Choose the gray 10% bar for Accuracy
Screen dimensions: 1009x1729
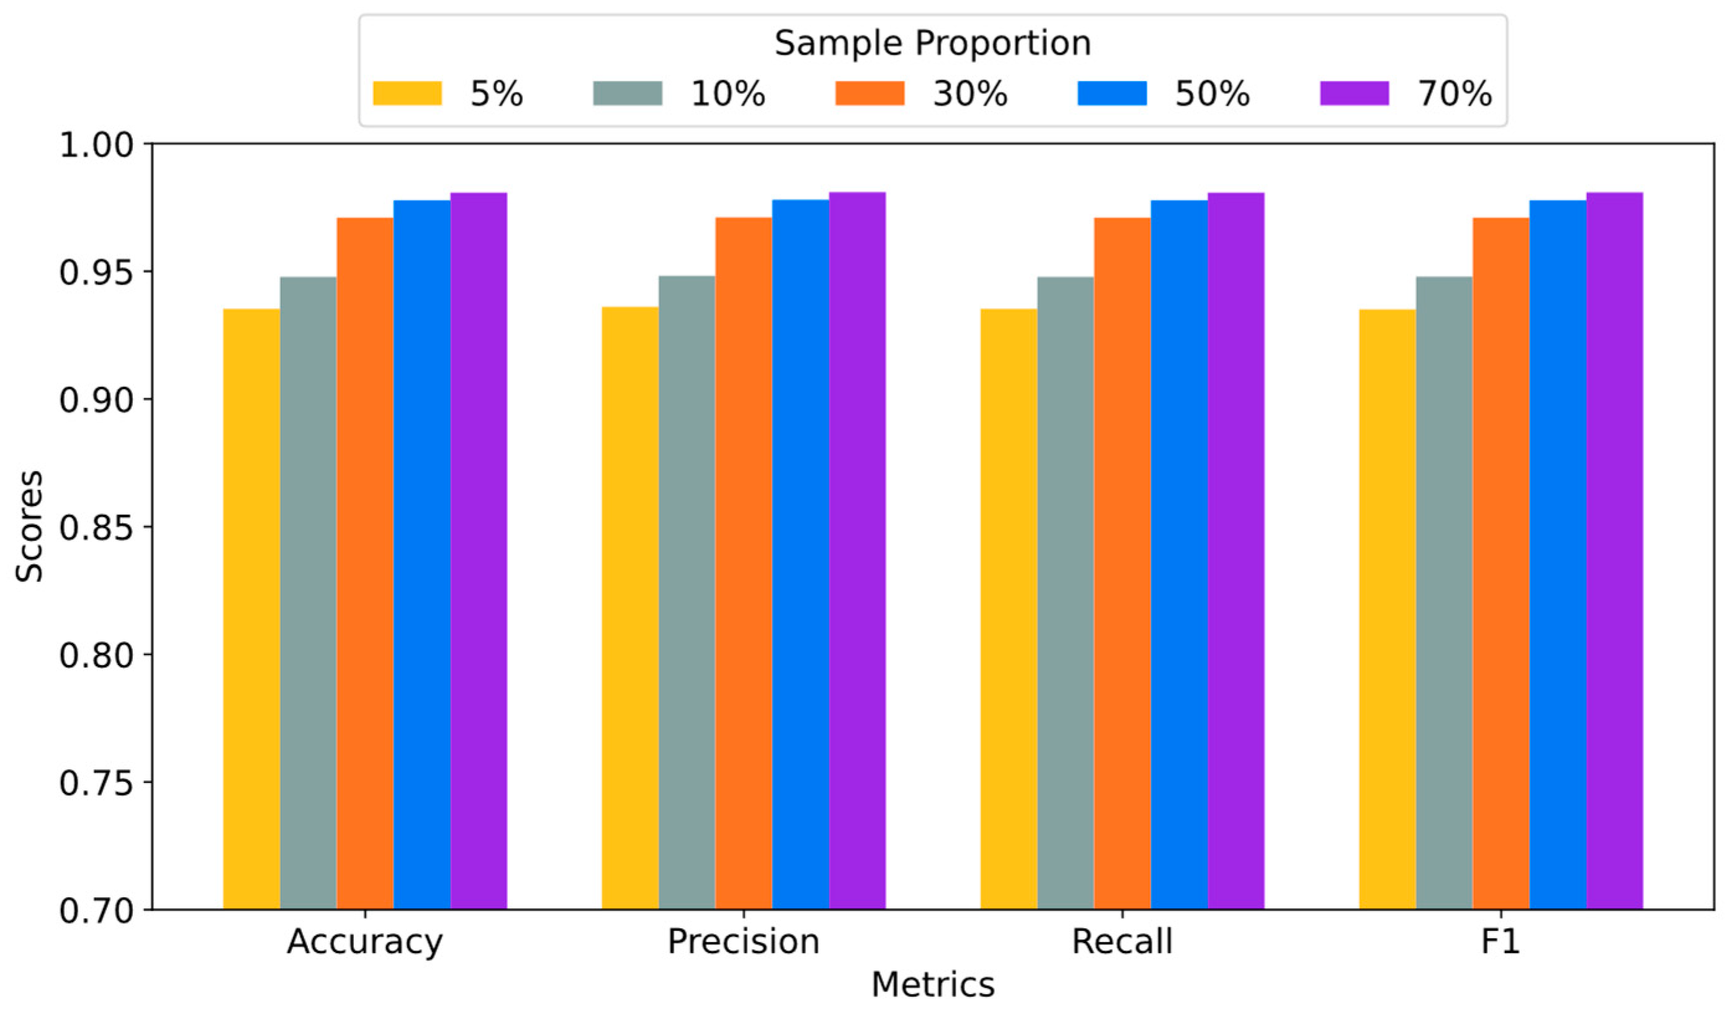308,594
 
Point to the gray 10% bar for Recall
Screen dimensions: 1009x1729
1065,594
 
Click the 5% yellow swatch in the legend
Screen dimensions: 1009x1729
407,93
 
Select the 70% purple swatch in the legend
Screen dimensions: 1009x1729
1354,93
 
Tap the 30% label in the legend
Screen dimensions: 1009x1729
969,93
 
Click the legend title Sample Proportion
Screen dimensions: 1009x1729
932,43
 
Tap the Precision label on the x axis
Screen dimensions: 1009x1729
743,942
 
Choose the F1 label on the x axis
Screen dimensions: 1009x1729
1501,942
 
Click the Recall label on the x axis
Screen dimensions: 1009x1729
1122,942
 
